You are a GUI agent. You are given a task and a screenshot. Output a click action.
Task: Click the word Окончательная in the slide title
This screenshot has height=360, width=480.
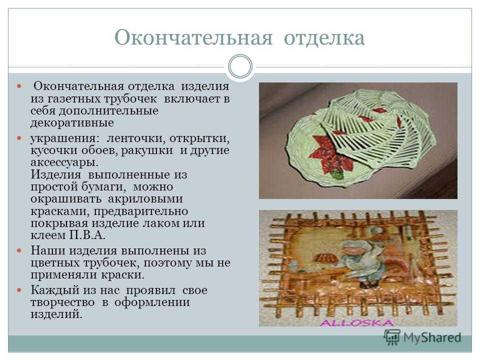[x=193, y=38]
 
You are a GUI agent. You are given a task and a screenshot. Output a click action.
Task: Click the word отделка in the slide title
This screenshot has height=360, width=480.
[x=324, y=38]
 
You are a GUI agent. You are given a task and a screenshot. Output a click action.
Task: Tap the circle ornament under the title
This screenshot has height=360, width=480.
[x=240, y=66]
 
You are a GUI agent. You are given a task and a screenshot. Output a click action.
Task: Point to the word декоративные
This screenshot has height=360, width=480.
[x=72, y=123]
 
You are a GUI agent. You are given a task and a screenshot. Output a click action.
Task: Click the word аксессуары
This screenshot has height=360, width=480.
[x=64, y=162]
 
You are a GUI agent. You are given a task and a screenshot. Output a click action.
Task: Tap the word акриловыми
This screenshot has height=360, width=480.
[x=145, y=199]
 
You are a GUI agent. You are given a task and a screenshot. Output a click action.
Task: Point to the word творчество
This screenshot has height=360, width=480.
[x=62, y=302]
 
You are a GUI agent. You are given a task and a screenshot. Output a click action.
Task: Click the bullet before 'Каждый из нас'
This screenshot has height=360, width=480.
[x=19, y=290]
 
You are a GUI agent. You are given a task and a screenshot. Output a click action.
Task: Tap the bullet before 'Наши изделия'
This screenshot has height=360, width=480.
[x=19, y=250]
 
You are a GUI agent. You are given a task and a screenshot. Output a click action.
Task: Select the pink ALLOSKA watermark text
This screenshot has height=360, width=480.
[x=356, y=322]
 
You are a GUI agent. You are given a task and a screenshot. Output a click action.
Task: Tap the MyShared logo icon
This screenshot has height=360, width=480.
[x=392, y=337]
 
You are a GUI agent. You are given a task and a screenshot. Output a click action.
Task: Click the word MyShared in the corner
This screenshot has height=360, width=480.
[x=432, y=337]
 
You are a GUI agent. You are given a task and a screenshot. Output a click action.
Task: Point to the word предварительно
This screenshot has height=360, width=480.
[x=141, y=211]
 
